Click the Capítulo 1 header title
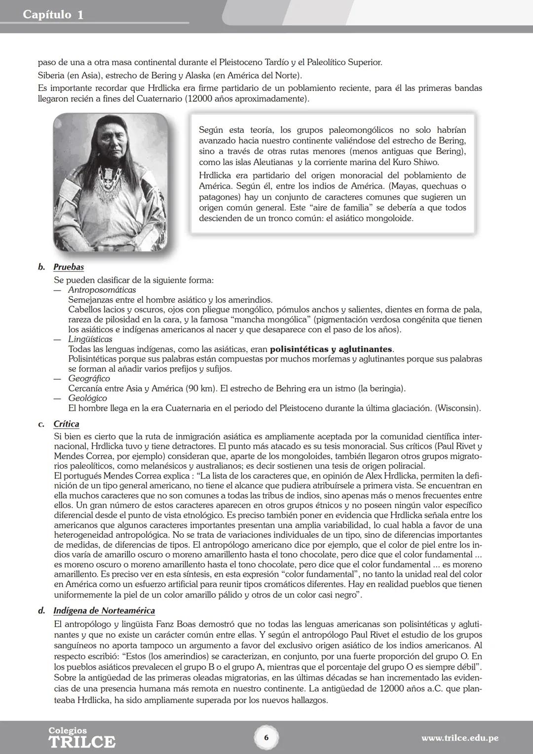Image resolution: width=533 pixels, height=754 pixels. pyautogui.click(x=53, y=15)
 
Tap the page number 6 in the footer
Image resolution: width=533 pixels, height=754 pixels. pyautogui.click(x=266, y=738)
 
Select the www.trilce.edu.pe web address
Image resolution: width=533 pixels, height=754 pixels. pyautogui.click(x=459, y=738)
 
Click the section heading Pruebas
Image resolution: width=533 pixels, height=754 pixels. pyautogui.click(x=69, y=267)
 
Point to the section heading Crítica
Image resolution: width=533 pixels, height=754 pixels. pyautogui.click(x=66, y=424)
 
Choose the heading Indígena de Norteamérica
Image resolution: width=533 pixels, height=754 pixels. pyautogui.click(x=104, y=611)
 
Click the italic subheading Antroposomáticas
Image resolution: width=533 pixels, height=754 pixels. pyautogui.click(x=102, y=290)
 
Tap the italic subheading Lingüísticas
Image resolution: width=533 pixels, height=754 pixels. pyautogui.click(x=90, y=339)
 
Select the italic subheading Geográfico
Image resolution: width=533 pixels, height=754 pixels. pyautogui.click(x=89, y=379)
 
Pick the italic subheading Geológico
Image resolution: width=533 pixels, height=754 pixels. pyautogui.click(x=87, y=398)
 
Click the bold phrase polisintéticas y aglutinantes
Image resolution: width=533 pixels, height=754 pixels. pyautogui.click(x=331, y=349)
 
